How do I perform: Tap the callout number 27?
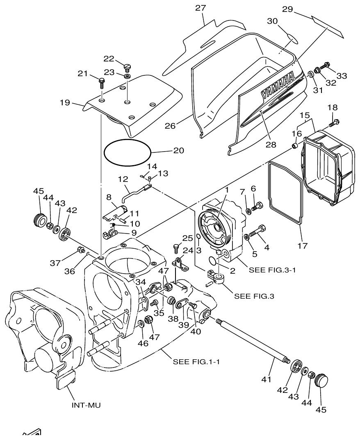201,8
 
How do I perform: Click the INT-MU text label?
86,405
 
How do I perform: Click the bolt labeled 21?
101,82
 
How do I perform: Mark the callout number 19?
65,102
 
